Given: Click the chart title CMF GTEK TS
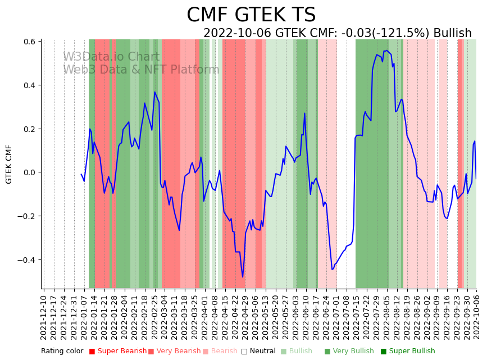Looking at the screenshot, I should pyautogui.click(x=251, y=15).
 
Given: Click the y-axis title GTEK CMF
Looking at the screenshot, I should pyautogui.click(x=9, y=164).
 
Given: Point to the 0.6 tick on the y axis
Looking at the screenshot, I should pyautogui.click(x=29, y=42).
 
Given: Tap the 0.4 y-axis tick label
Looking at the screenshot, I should pyautogui.click(x=29, y=85).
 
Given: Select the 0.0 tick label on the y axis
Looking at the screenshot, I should pyautogui.click(x=29, y=172).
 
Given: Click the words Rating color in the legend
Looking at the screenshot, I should pyautogui.click(x=62, y=352).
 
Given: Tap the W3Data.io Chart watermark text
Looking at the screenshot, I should pyautogui.click(x=111, y=57).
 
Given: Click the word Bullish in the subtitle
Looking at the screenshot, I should pyautogui.click(x=452, y=33).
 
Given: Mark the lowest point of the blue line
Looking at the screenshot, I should pyautogui.click(x=243, y=277).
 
